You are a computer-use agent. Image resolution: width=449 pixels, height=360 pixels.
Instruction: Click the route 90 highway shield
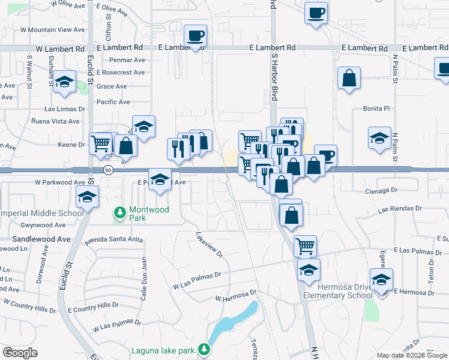[x=107, y=170]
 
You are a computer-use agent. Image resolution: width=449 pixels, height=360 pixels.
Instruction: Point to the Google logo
[x=20, y=353]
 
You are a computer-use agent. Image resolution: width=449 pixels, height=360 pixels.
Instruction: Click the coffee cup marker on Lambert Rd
[x=195, y=35]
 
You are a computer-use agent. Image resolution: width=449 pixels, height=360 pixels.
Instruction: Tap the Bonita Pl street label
[x=376, y=109]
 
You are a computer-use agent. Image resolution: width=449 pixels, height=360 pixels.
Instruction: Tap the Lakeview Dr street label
[x=209, y=244]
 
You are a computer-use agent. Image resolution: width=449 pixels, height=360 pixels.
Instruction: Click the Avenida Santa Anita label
[x=114, y=239]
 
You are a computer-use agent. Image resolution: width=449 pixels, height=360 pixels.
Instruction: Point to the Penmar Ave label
[x=128, y=60]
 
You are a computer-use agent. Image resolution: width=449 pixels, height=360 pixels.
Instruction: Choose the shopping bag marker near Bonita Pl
[x=349, y=79]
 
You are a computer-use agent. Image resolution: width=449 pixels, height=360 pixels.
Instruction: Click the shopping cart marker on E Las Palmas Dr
[x=305, y=245]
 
